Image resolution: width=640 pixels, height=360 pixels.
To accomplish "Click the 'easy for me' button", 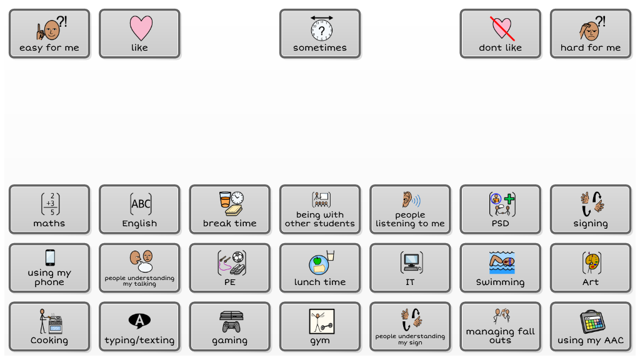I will pos(49,34).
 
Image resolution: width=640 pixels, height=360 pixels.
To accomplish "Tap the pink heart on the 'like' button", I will pos(140,28).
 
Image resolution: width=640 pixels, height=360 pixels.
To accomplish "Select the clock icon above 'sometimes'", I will pos(321,28).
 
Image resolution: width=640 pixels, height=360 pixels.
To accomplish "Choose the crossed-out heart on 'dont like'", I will pos(501,27).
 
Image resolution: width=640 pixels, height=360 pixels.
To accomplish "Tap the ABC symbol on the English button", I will pos(140,204).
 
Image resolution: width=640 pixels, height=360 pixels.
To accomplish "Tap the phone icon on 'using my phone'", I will pos(50,257).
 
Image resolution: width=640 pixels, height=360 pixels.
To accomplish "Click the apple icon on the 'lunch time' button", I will pos(317,260).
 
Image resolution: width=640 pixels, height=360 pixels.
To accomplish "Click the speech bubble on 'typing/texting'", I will pos(139,321).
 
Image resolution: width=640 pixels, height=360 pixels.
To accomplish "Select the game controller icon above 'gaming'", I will pos(231,326).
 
